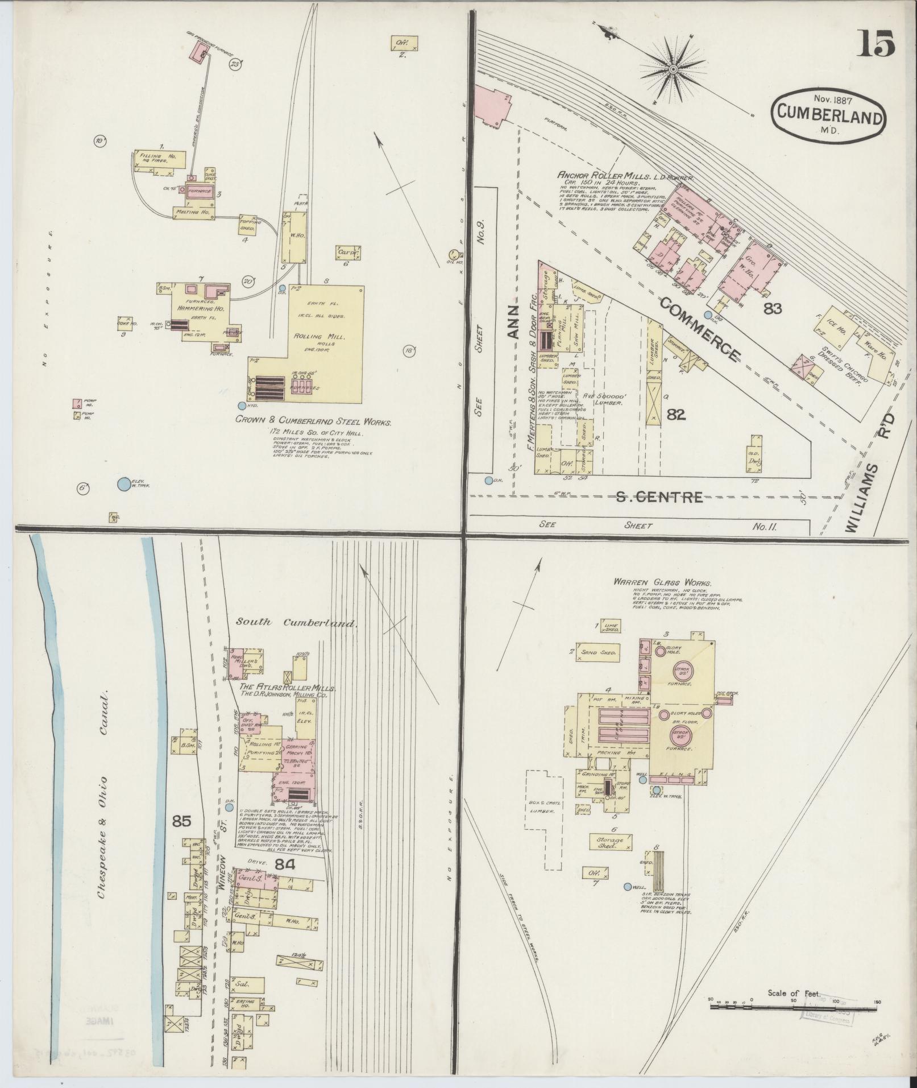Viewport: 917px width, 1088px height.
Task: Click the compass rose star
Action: point(673,69)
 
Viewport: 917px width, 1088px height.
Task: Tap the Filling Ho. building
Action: point(159,160)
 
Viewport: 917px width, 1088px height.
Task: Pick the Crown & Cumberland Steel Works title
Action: point(314,423)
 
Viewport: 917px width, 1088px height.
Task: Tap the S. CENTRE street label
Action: point(659,498)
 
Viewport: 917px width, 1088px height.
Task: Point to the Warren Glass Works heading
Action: point(662,583)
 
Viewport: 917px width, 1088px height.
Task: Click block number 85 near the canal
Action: point(181,821)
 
